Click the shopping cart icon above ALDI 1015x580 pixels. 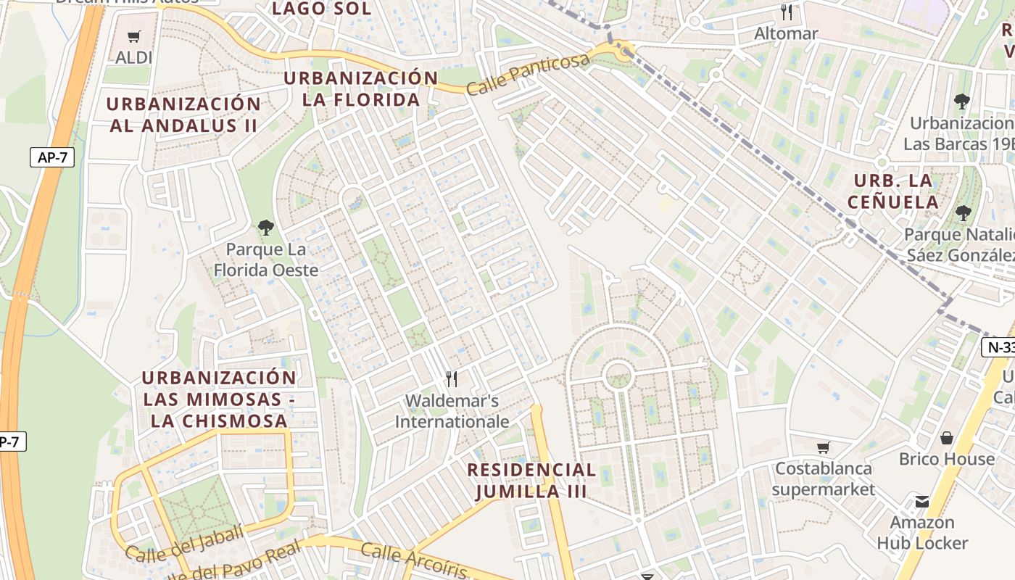click(133, 37)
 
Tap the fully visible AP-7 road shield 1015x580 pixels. click(52, 157)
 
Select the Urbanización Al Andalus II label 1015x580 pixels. click(183, 115)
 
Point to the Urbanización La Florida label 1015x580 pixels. click(361, 88)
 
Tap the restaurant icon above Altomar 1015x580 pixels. click(786, 12)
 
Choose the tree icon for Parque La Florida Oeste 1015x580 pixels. click(266, 228)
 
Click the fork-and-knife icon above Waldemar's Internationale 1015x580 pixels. click(452, 378)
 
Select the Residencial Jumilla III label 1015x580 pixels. click(531, 480)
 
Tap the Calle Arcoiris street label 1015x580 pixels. click(414, 560)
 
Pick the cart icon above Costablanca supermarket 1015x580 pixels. click(823, 447)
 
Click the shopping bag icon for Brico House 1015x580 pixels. click(946, 438)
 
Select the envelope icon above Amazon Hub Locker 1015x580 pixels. click(921, 501)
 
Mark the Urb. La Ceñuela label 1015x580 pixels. click(896, 191)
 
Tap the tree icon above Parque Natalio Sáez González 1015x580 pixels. click(963, 213)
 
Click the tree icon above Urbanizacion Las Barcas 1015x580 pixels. click(962, 101)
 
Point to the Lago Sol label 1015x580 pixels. click(321, 9)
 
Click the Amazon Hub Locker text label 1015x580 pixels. click(922, 532)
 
